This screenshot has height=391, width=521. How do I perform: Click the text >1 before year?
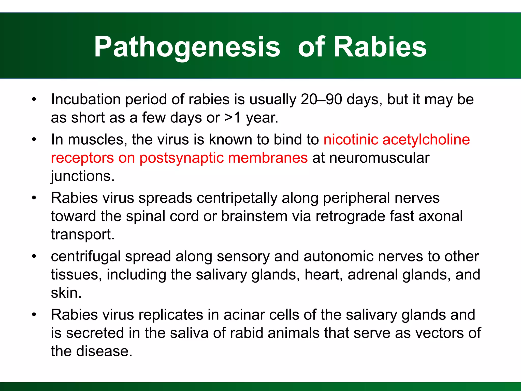233,118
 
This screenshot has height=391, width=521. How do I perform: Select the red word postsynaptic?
181,158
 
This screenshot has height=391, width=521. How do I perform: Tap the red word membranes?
268,158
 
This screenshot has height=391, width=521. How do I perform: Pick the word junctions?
83,176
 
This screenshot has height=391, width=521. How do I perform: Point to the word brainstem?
254,216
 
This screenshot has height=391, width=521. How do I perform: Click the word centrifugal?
85,256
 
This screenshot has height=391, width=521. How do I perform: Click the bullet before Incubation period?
34,100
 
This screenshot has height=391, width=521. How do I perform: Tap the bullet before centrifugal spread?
34,257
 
